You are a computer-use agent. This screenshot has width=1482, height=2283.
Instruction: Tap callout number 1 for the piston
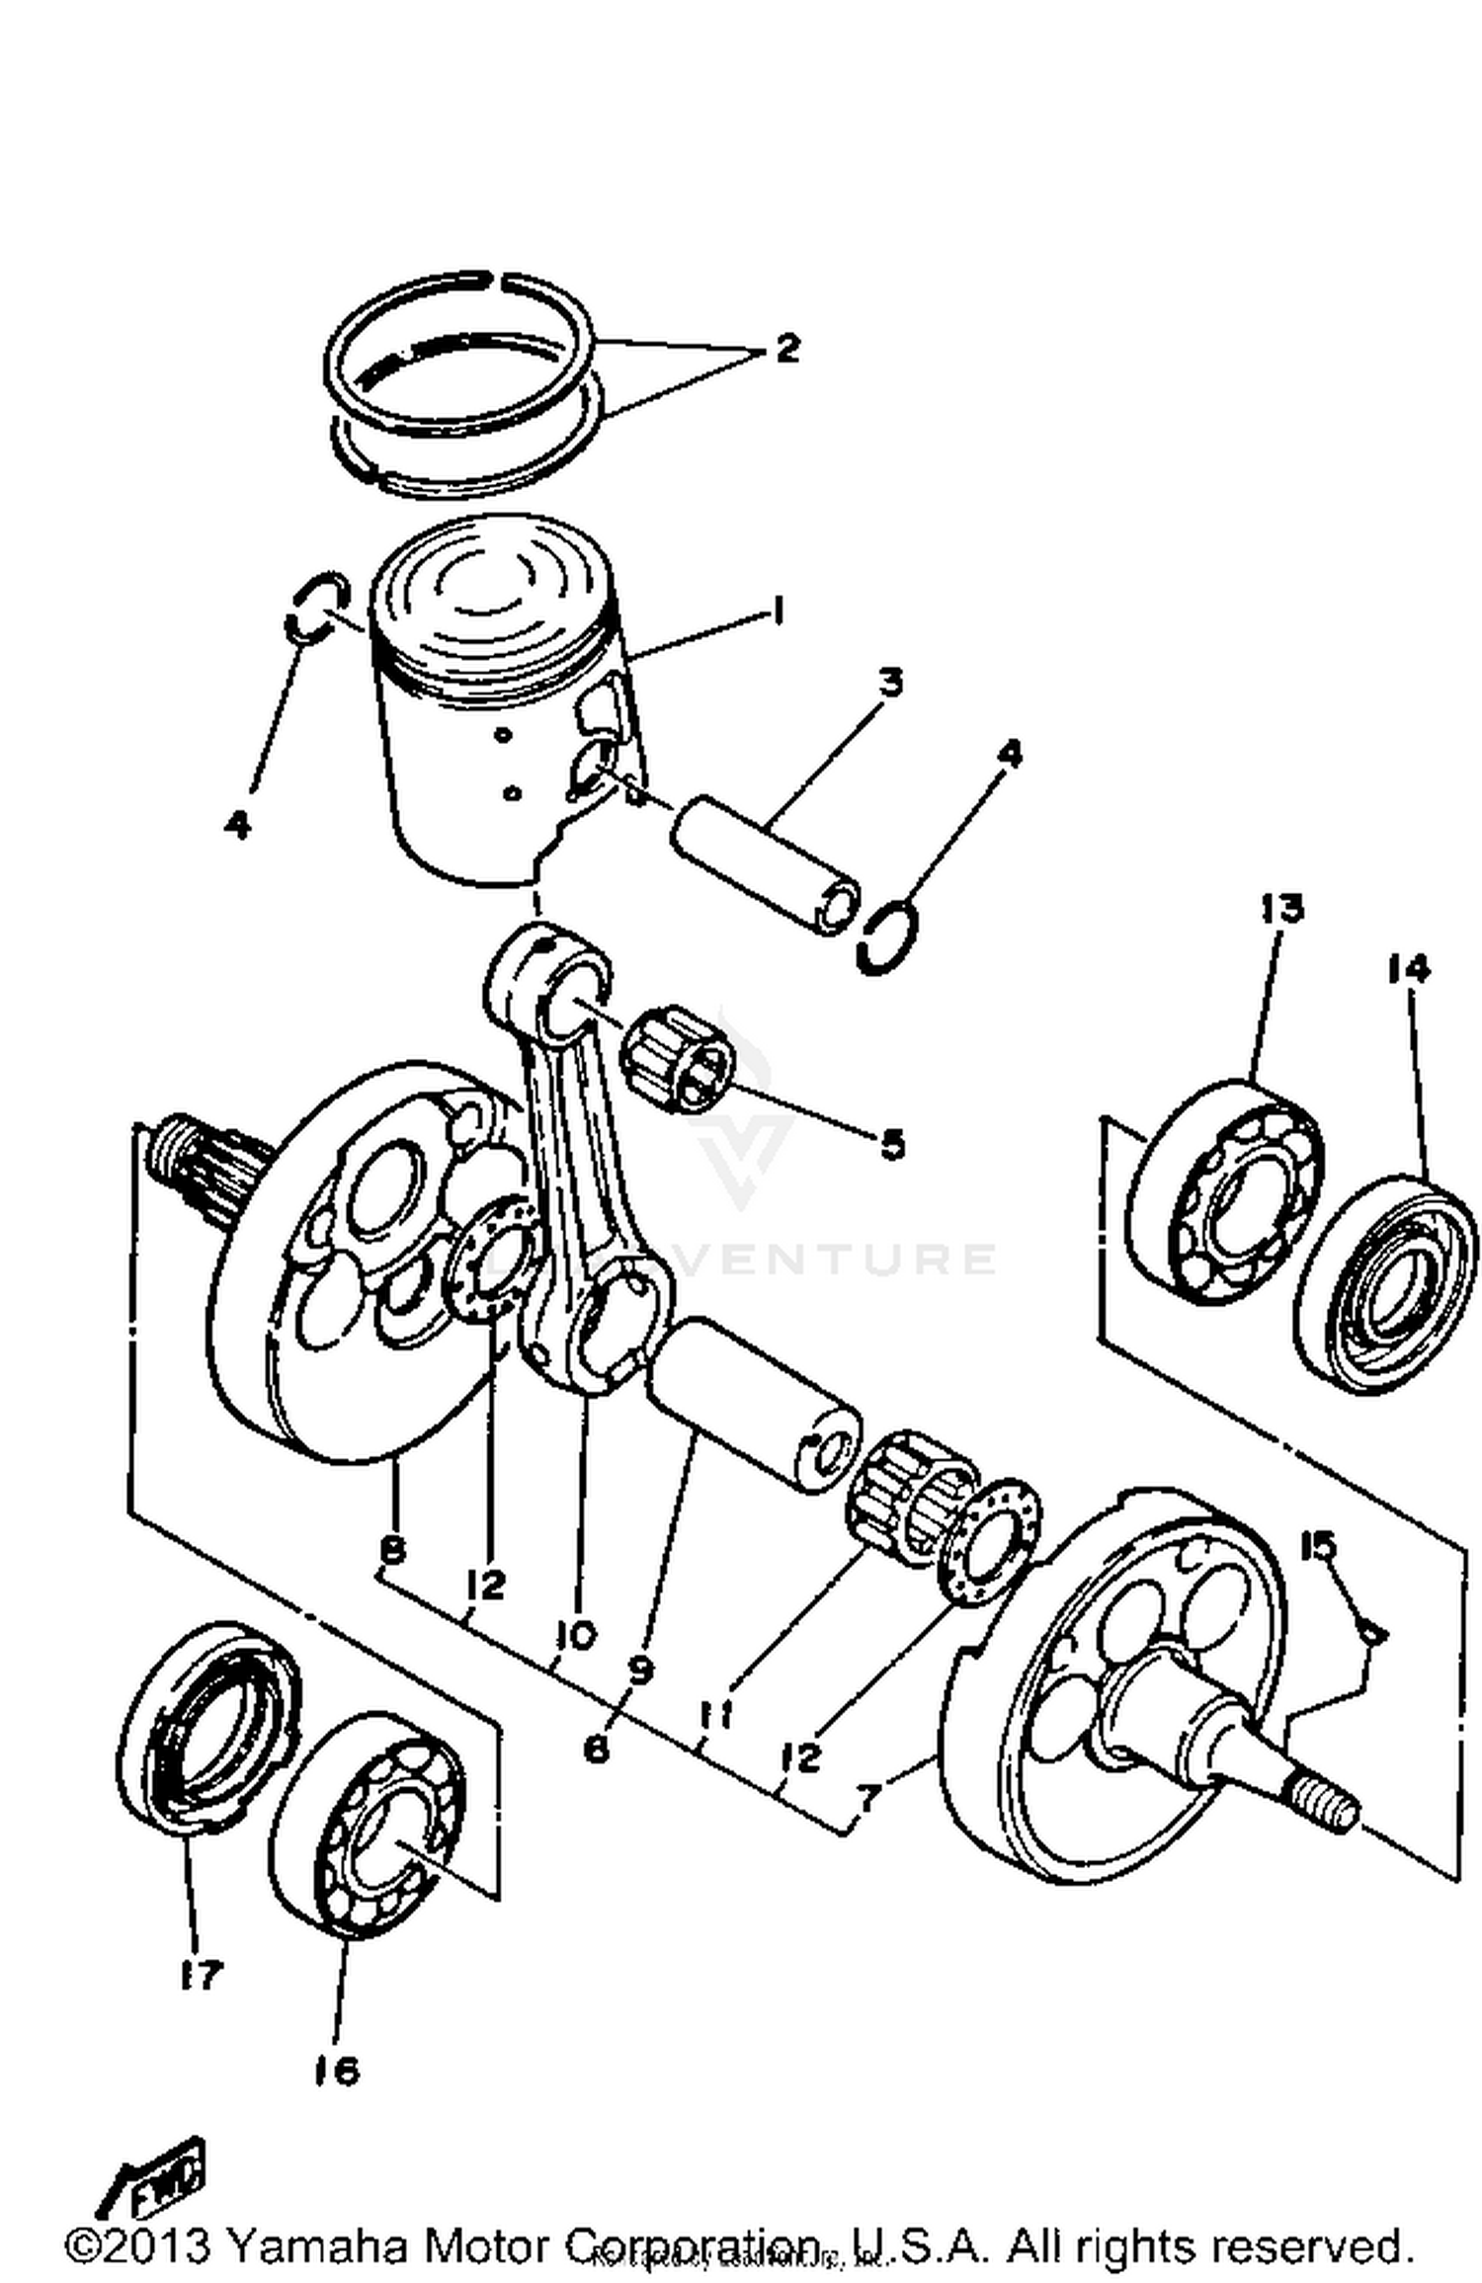pyautogui.click(x=778, y=613)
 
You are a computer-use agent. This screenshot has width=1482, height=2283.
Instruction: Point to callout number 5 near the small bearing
pyautogui.click(x=891, y=1144)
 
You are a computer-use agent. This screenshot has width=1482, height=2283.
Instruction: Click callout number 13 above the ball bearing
pyautogui.click(x=1281, y=907)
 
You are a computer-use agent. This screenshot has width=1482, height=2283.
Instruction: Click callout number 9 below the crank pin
pyautogui.click(x=640, y=1671)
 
